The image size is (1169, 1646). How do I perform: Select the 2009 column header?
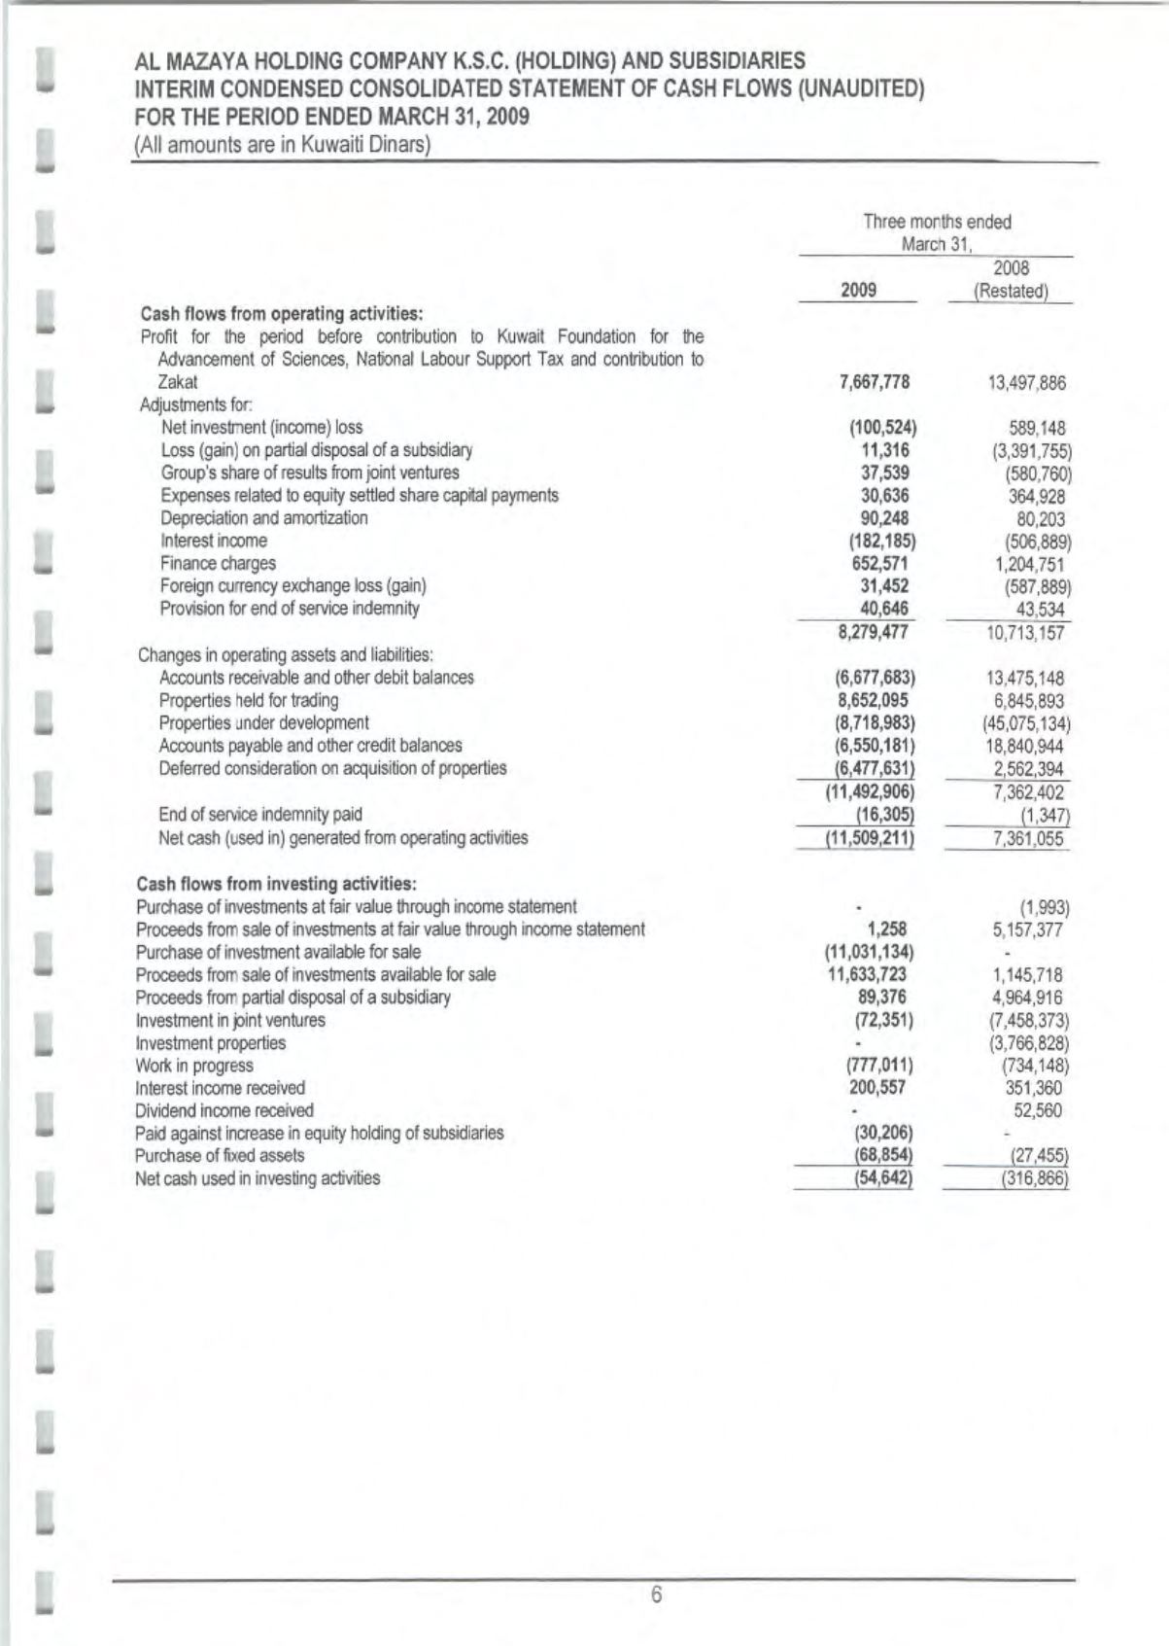point(858,290)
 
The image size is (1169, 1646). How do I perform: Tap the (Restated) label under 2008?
point(1011,291)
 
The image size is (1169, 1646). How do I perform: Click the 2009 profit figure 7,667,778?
point(875,382)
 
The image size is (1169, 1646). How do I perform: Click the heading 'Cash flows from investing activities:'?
point(277,884)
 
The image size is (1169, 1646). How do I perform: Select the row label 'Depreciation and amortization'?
point(264,518)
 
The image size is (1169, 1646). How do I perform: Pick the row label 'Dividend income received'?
point(224,1110)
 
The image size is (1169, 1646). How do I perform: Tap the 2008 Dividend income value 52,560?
point(1037,1110)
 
